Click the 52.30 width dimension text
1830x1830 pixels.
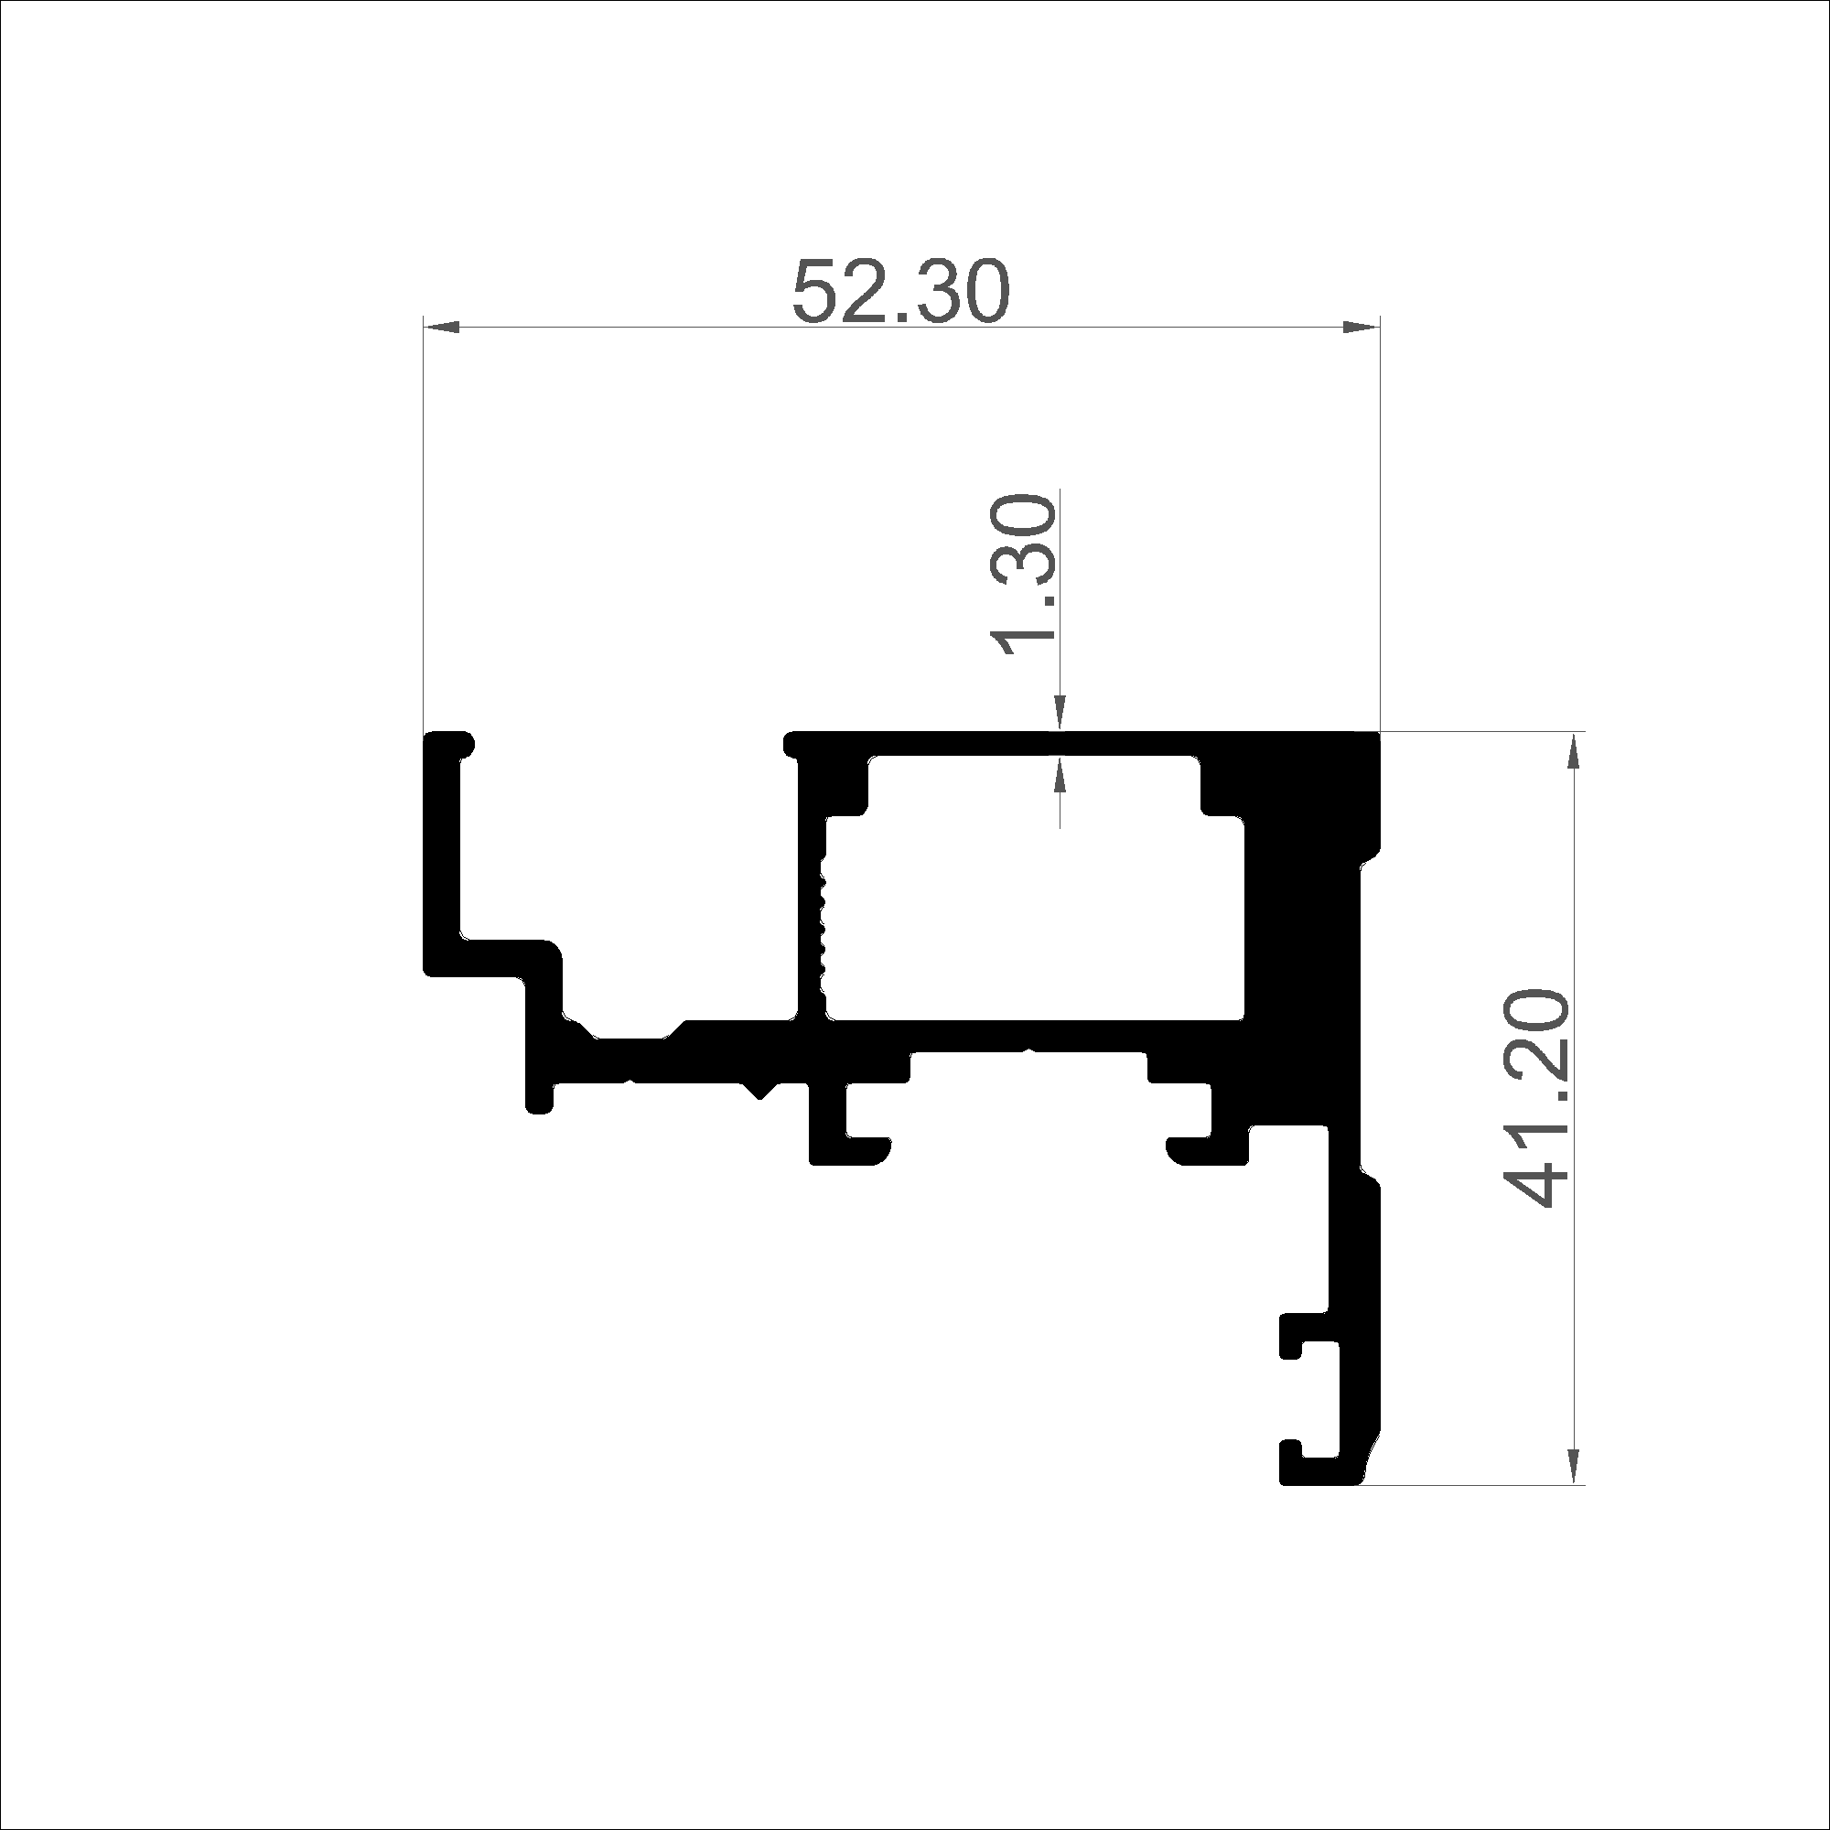click(x=900, y=291)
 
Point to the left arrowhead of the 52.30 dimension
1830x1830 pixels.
click(x=441, y=328)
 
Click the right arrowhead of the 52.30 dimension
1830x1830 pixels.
click(x=1362, y=328)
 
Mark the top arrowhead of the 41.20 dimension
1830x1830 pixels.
click(x=1574, y=752)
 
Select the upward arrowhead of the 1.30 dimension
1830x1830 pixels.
click(x=1060, y=776)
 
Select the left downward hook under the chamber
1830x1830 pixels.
click(x=849, y=1132)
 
